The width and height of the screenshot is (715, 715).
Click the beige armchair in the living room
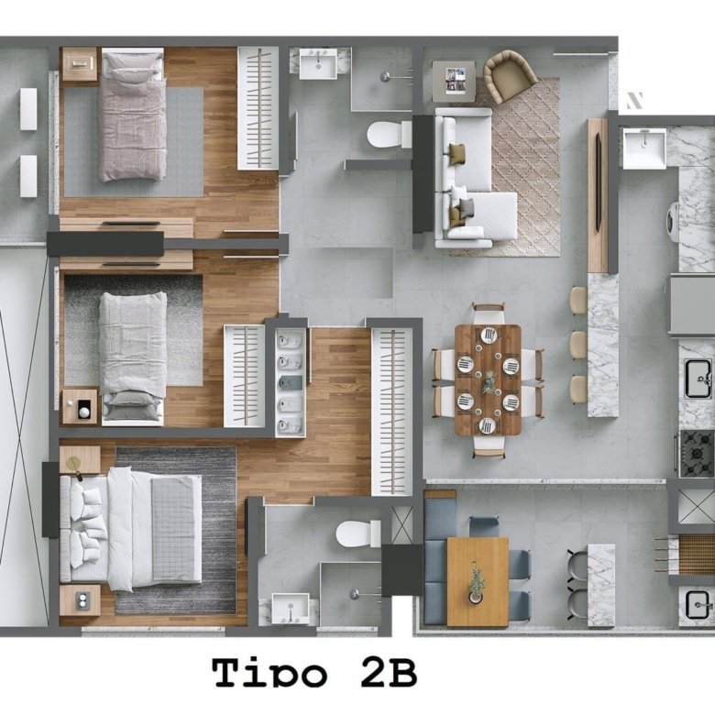(x=509, y=75)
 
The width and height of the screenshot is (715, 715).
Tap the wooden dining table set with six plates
(x=488, y=379)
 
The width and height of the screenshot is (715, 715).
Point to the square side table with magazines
(x=454, y=82)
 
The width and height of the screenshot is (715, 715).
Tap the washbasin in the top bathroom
(x=318, y=63)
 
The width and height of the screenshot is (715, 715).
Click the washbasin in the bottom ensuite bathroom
(x=291, y=608)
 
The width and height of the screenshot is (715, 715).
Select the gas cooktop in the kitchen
(x=697, y=453)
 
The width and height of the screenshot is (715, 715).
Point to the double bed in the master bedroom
(x=131, y=529)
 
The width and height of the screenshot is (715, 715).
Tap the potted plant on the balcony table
(x=477, y=583)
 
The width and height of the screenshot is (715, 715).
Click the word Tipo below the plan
(x=269, y=673)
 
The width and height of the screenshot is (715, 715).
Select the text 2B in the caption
(x=389, y=672)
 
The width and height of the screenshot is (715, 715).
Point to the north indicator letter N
(x=634, y=100)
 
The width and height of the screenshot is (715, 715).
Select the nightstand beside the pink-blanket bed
(x=80, y=64)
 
